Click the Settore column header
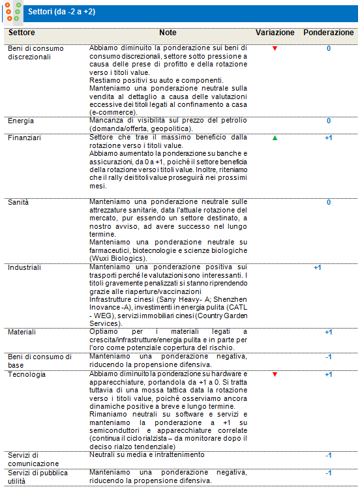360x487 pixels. tap(22, 33)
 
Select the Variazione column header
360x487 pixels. tap(275, 33)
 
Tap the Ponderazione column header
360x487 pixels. tap(329, 33)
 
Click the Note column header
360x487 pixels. tap(168, 33)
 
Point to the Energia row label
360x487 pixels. tap(22, 121)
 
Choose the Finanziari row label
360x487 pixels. tap(24, 138)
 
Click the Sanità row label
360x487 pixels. tap(19, 202)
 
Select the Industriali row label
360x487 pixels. tap(25, 267)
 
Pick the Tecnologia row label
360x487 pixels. tap(27, 375)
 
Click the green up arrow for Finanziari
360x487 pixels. tap(275, 138)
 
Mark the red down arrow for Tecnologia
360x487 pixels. tap(275, 375)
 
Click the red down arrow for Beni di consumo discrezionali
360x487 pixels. tap(275, 49)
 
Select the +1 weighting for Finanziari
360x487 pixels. tap(329, 138)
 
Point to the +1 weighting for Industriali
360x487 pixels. tap(318, 268)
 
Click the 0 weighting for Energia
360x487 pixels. tap(329, 121)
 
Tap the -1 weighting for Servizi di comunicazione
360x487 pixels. tap(329, 455)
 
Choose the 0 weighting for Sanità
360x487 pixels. tap(329, 203)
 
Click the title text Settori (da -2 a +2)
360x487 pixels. tap(62, 12)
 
